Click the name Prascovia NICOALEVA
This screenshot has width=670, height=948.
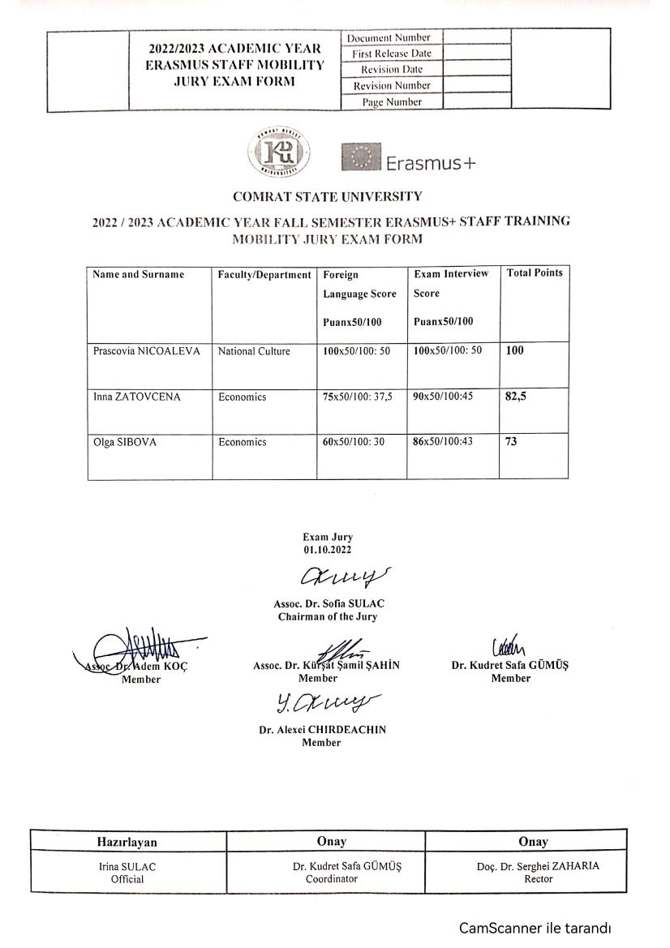[x=146, y=352]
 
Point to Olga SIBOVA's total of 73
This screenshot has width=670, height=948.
[x=511, y=442]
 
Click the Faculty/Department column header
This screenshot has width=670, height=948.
[x=264, y=274]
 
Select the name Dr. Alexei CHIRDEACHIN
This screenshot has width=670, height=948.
[x=322, y=729]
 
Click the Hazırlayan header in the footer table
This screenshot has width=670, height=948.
[x=128, y=842]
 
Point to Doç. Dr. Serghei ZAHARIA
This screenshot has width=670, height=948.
[x=539, y=865]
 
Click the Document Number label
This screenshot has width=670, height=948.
[x=389, y=37]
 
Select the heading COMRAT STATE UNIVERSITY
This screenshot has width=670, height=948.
[x=327, y=196]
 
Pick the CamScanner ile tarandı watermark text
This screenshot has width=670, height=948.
[x=535, y=927]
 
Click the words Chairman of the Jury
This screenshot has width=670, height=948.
[x=327, y=617]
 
